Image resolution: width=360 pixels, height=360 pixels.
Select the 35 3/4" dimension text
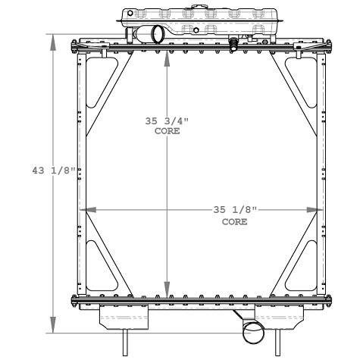click(166, 121)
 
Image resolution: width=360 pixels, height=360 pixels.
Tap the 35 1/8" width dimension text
click(233, 210)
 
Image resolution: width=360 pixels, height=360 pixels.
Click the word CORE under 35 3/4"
click(167, 132)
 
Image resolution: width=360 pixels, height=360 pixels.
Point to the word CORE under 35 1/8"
click(233, 222)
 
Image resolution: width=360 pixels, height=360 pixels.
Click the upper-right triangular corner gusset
click(308, 83)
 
